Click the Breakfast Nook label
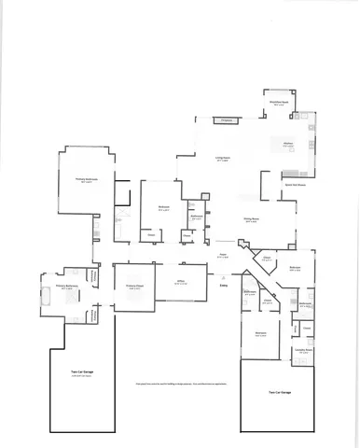[x=278, y=103]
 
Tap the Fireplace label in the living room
[x=224, y=121]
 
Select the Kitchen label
[x=288, y=144]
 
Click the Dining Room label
[x=251, y=220]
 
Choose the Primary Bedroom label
[x=87, y=181]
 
